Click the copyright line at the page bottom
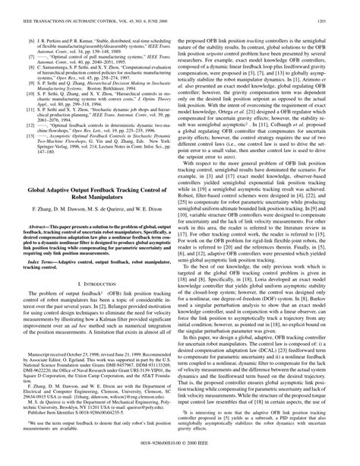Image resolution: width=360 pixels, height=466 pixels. [180, 459]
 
